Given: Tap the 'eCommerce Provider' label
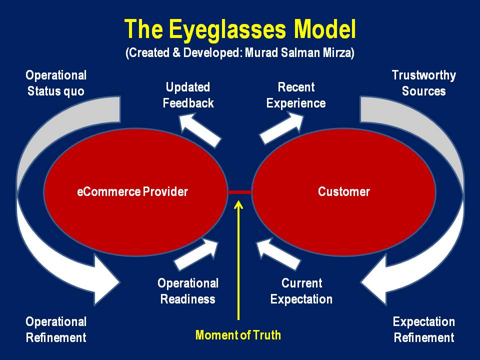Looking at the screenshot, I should pos(132,191).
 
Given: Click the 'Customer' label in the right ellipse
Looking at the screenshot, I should pos(344,191).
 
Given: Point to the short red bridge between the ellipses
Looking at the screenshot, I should pos(240,191).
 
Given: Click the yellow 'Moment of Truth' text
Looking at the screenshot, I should pos(238,335).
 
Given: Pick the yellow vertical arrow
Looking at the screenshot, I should pos(239,260).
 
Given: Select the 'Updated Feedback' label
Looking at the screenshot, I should pos(188,95).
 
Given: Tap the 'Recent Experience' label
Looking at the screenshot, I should pos(296,95).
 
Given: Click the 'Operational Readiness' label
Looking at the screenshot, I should pos(188,291).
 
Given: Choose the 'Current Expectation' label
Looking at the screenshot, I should pos(301,291).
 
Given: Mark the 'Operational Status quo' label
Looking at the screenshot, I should pos(56,83).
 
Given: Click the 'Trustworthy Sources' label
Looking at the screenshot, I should pos(424,83).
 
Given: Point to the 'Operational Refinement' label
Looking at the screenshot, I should pos(56,329).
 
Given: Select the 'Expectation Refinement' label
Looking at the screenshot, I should pos(424,329).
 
